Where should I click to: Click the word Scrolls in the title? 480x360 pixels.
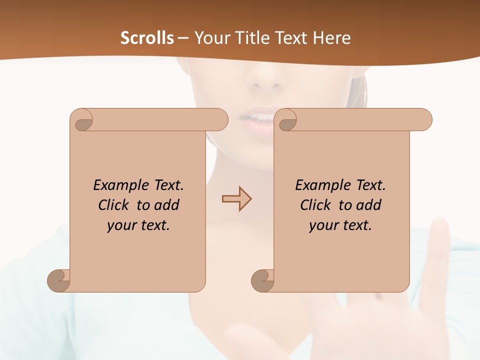pos(147,38)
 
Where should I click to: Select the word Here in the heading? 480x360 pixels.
pos(331,38)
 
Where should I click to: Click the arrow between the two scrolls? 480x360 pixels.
pos(237,199)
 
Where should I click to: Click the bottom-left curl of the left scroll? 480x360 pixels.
pos(58,280)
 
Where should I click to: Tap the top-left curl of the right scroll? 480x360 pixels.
pos(287,120)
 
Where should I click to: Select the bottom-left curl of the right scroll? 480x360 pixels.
pos(262,280)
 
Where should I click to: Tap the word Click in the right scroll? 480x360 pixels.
pos(315,205)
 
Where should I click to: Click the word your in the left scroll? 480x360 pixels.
pos(121,226)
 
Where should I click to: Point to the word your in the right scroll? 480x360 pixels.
pos(323,226)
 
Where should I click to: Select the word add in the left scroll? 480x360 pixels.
pos(167,205)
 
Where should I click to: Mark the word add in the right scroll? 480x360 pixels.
pos(369,205)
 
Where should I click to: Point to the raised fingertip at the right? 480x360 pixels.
pos(440,227)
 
